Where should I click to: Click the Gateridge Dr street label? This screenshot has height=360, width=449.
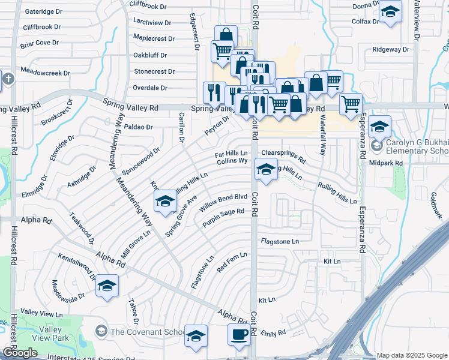point(42,11)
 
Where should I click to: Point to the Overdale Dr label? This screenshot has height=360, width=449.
point(150,88)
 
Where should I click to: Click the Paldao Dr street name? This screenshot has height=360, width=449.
point(139,127)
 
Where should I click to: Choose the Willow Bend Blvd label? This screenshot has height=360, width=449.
point(224,197)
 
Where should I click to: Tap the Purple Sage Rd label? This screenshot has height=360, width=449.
point(223,217)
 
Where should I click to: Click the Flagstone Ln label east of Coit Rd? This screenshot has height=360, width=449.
point(279,241)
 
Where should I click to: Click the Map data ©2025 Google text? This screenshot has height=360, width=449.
point(412,355)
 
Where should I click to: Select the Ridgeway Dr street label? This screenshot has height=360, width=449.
point(390,50)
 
